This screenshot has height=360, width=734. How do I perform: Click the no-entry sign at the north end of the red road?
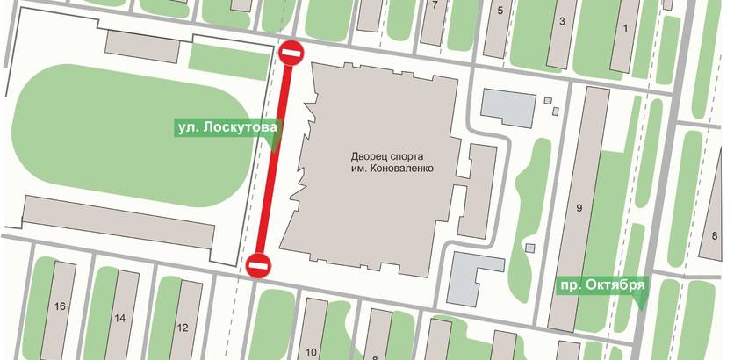point(291,54)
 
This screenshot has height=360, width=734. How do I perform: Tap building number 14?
point(120,317)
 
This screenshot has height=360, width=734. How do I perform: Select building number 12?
point(183,328)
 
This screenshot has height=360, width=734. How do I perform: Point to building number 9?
point(579,208)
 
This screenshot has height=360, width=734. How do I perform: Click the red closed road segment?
point(275,158)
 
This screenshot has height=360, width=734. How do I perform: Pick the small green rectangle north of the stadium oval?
point(228,61)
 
